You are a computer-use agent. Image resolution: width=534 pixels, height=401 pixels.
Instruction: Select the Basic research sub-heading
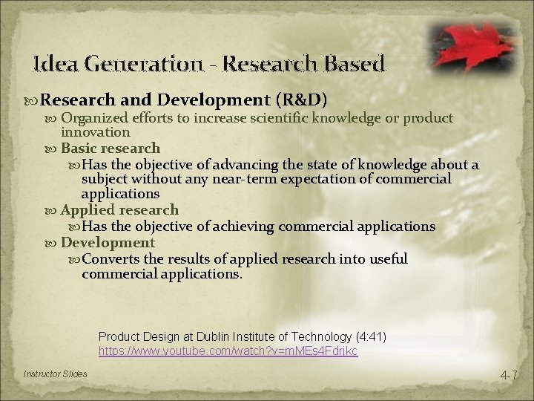(111, 148)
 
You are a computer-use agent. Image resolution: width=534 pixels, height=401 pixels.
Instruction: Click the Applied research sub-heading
(119, 210)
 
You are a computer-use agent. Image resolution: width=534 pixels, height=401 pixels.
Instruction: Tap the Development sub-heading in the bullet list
(108, 242)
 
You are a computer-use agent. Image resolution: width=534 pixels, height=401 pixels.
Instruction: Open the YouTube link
(228, 350)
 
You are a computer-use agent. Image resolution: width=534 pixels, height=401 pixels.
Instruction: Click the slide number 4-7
(508, 376)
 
